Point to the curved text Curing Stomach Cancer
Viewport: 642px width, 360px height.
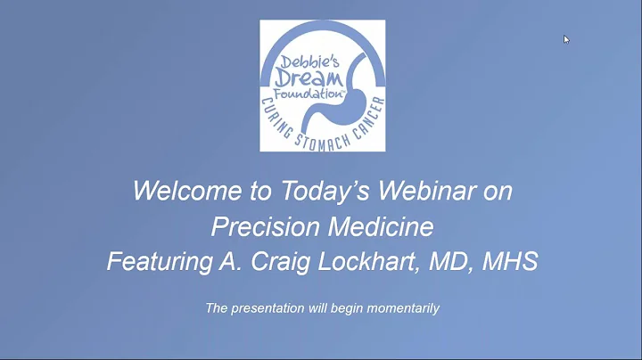pyautogui.click(x=324, y=133)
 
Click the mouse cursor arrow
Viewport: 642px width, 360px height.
pyautogui.click(x=566, y=39)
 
